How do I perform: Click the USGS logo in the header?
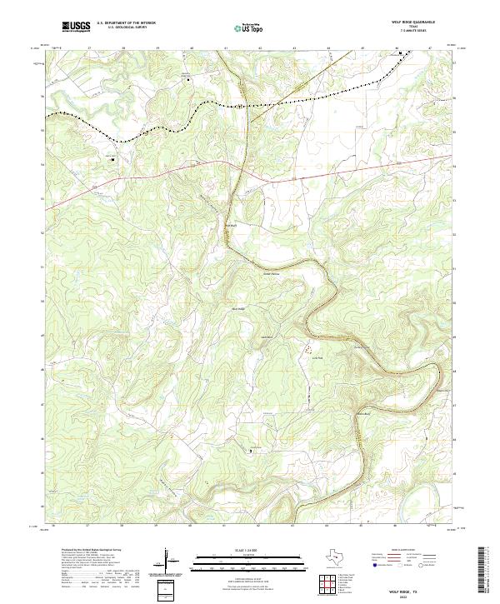[76, 27]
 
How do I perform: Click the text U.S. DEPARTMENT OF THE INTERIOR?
[126, 24]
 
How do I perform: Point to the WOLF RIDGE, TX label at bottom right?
[423, 589]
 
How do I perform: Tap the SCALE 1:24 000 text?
[247, 547]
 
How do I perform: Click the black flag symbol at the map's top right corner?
[401, 54]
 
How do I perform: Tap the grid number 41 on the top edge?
[226, 48]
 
